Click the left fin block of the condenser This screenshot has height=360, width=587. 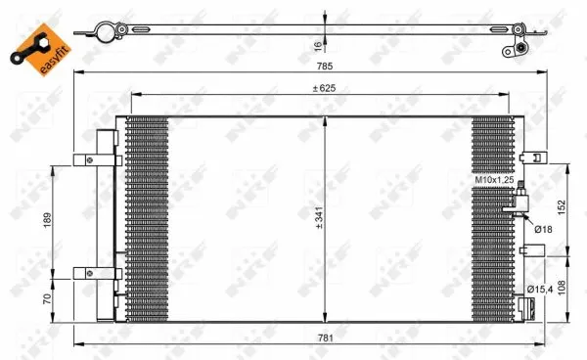pyautogui.click(x=147, y=217)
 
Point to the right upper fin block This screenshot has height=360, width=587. pyautogui.click(x=490, y=147)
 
